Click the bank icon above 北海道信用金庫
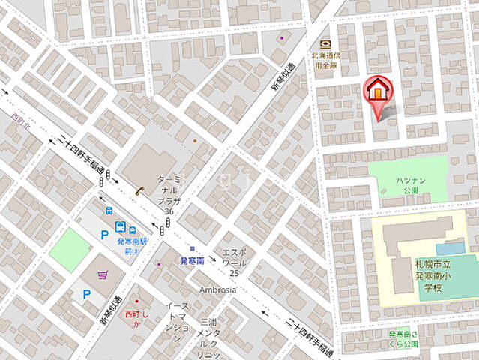pos(325,44)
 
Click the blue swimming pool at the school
pos(450,247)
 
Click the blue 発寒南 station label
pos(193,259)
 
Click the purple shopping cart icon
pos(103,275)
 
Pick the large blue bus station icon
pos(120,227)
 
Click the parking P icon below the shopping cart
pos(87,295)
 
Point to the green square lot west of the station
pos(70,250)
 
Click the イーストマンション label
pos(178,318)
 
